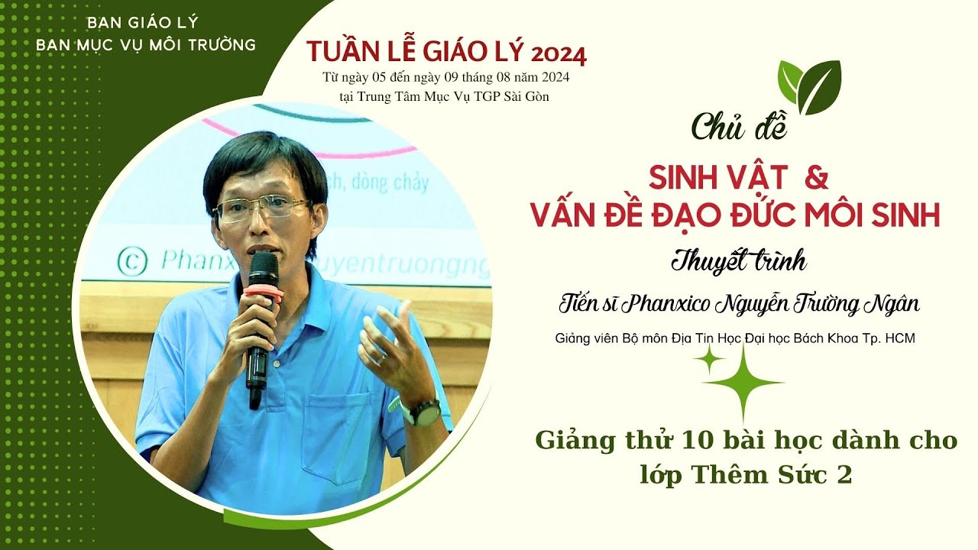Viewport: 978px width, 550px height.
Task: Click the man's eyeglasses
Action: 262,209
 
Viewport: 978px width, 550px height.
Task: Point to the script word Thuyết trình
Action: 739,261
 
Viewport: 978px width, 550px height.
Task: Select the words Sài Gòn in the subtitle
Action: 524,97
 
